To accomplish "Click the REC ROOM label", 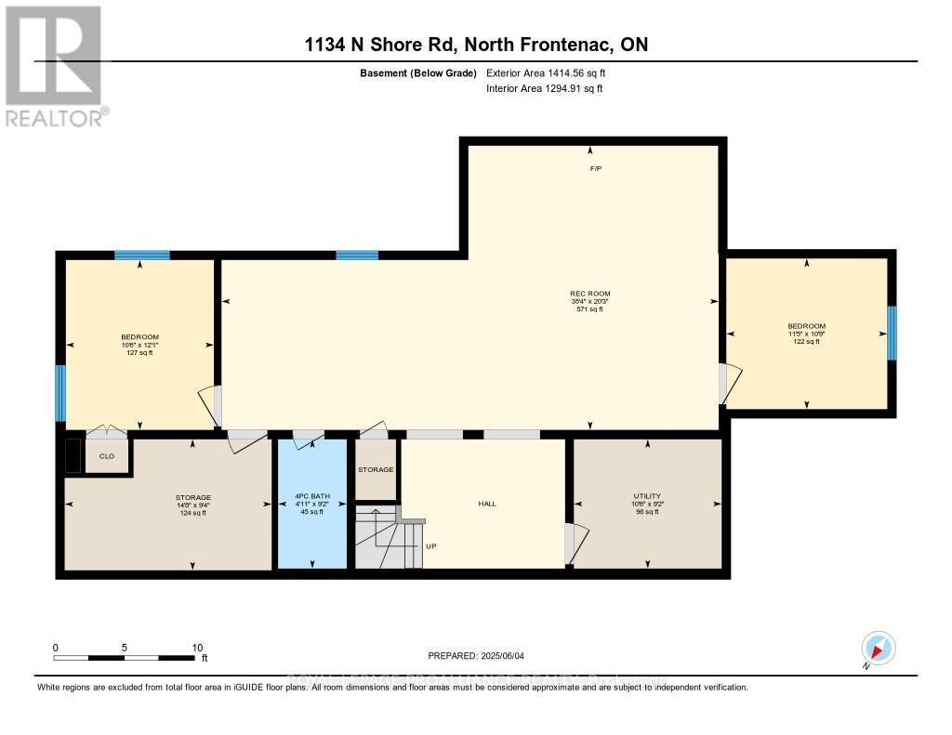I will [x=590, y=293].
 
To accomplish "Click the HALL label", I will [x=487, y=504].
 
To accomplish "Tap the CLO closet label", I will [x=107, y=456].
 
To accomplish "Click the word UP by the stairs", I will [x=430, y=546].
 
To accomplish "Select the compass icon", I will [x=878, y=648].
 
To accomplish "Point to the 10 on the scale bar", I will [x=195, y=647].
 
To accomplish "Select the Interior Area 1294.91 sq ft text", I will [x=545, y=89].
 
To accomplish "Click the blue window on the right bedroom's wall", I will [x=891, y=334].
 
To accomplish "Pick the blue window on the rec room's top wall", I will [x=357, y=255].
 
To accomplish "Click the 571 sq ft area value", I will [x=590, y=309].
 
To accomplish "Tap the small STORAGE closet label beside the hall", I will [x=376, y=469].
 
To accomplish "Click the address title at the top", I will [x=475, y=44].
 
